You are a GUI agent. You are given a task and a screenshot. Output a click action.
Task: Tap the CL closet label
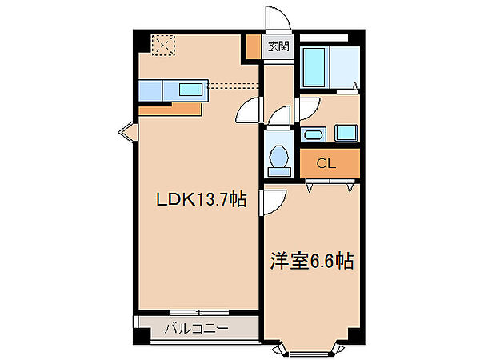(x=325, y=164)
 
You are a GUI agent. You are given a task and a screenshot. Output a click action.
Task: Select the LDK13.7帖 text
(x=200, y=202)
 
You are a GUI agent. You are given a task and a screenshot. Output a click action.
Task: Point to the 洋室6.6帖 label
(x=313, y=262)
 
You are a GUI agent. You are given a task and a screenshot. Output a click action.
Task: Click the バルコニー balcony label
(x=197, y=327)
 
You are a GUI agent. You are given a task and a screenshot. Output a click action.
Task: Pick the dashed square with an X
(x=163, y=46)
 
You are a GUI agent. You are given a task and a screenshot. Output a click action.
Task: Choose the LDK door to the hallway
(x=251, y=108)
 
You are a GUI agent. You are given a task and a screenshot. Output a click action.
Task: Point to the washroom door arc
(x=307, y=106)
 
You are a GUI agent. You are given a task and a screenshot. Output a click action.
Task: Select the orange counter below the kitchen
(x=189, y=106)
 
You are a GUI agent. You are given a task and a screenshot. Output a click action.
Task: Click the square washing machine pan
(x=346, y=132)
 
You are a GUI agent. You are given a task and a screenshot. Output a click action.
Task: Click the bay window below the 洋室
(x=312, y=349)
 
